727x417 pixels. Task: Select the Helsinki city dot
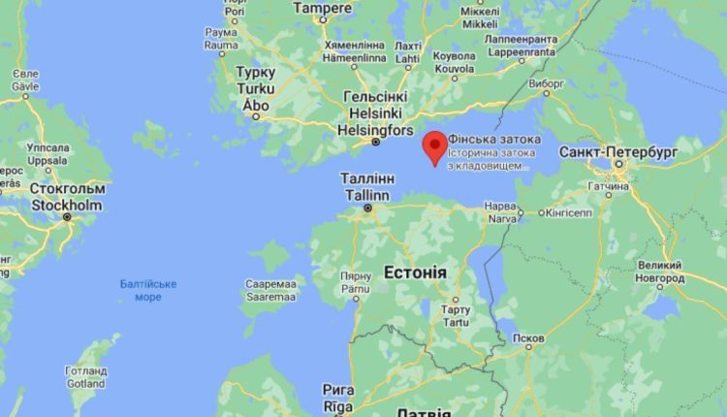[x=376, y=143]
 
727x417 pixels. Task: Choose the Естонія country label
[x=415, y=272]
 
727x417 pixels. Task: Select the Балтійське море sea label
[x=147, y=290]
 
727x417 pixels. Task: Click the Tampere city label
[x=323, y=8]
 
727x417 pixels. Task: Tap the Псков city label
[x=528, y=339]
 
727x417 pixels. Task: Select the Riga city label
[x=338, y=396]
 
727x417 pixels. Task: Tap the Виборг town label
[x=547, y=83]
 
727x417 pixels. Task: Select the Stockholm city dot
[x=67, y=216]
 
